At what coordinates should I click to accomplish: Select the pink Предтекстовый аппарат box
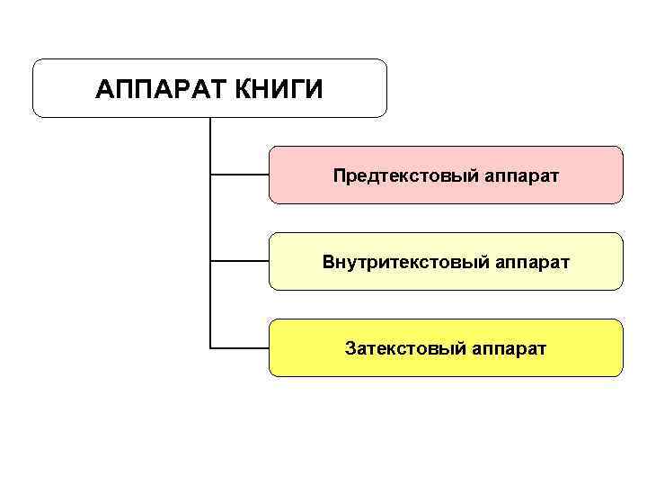pyautogui.click(x=446, y=175)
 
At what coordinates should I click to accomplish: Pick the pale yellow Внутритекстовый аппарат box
pyautogui.click(x=446, y=261)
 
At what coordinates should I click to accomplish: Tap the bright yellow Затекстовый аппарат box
pyautogui.click(x=446, y=347)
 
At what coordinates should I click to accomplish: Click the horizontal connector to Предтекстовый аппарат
pyautogui.click(x=239, y=175)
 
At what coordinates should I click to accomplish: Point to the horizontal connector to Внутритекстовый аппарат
pyautogui.click(x=239, y=261)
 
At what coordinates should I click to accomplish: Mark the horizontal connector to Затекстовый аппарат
pyautogui.click(x=239, y=347)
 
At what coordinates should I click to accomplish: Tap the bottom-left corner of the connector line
pyautogui.click(x=209, y=347)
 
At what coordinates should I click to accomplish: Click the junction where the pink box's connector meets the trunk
pyautogui.click(x=209, y=175)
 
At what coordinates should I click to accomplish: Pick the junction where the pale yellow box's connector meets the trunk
pyautogui.click(x=209, y=261)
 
